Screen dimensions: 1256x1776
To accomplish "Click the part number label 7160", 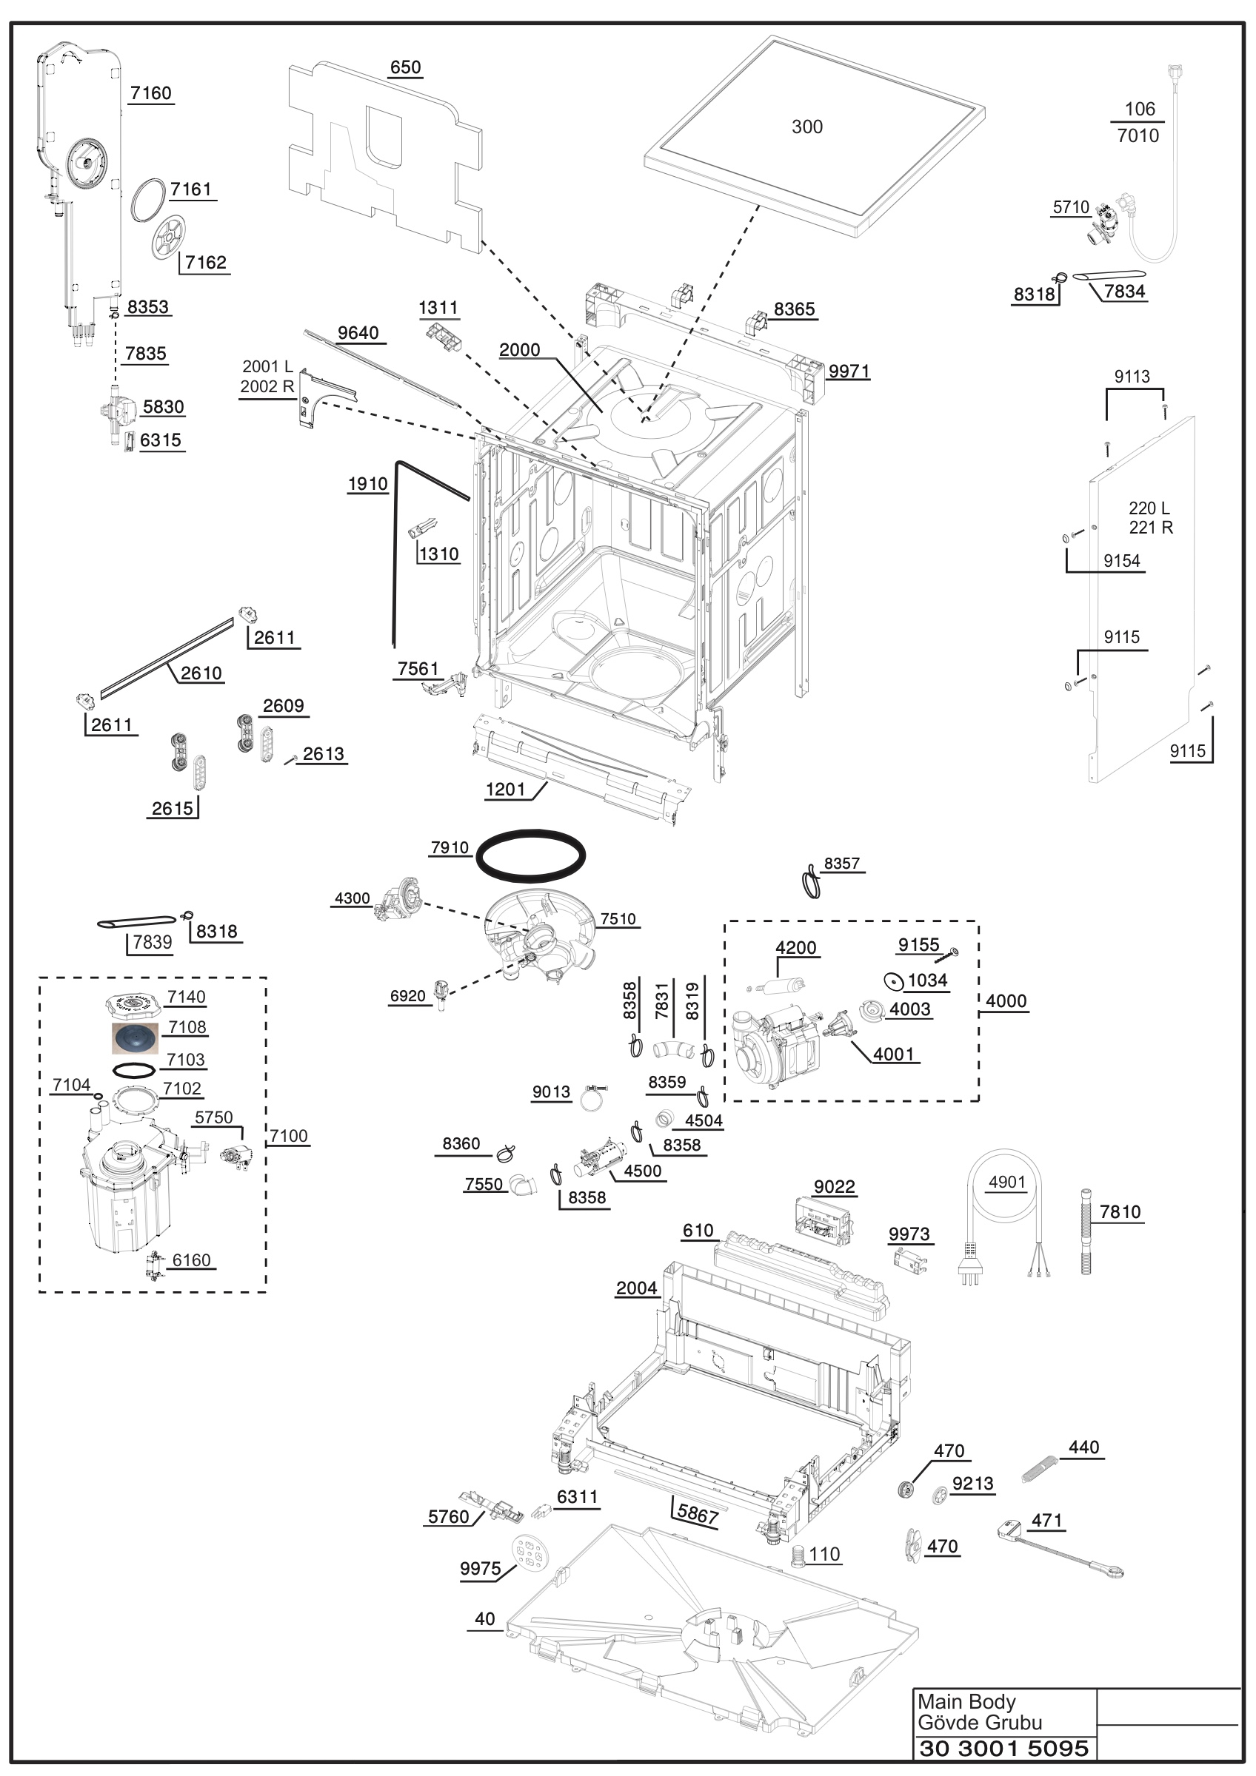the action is [x=151, y=93].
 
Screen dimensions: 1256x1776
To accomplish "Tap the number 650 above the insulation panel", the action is [x=406, y=67].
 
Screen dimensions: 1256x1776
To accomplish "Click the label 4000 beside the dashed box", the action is [x=1006, y=1001].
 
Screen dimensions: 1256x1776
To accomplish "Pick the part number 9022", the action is [x=834, y=1186].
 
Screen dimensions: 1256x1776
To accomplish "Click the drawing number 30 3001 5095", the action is [x=1003, y=1748].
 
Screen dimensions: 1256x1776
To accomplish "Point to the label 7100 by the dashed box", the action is [x=289, y=1135].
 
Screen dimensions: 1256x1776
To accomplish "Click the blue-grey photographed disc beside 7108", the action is [x=135, y=1038].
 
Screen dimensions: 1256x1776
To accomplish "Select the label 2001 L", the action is [x=267, y=366].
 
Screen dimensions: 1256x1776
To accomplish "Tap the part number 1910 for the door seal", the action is [x=367, y=484].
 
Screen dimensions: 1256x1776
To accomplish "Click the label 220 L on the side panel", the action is [x=1149, y=508].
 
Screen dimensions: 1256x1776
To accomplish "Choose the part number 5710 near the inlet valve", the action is [x=1071, y=207].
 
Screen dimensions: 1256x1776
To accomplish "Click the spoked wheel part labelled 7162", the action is [x=169, y=238].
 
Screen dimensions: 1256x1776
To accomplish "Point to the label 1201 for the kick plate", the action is [x=505, y=790].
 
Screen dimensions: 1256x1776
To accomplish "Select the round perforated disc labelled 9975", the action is [x=530, y=1553].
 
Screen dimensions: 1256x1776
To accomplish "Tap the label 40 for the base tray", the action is [x=485, y=1619].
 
